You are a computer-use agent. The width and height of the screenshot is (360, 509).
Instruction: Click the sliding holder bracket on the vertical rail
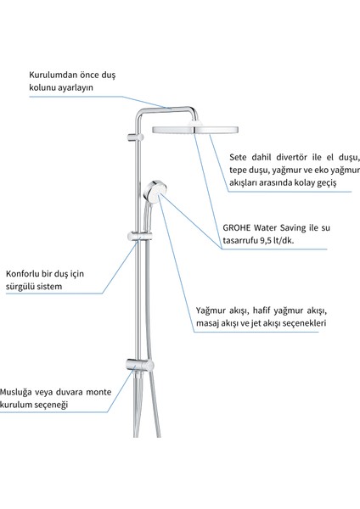[138, 233]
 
